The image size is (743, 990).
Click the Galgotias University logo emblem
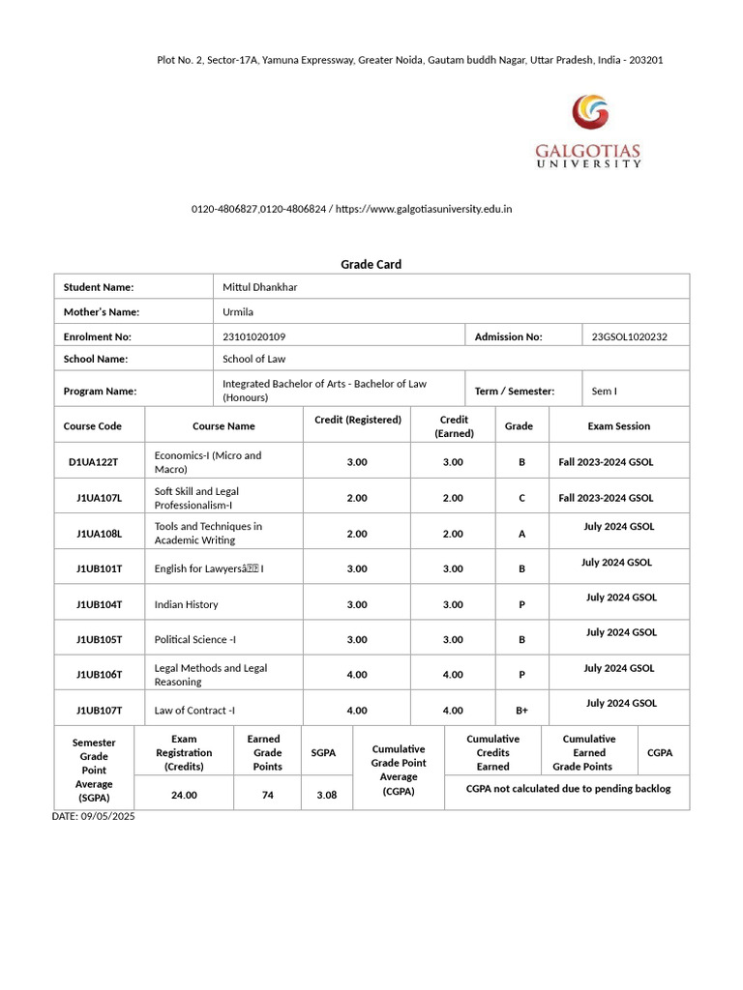(x=590, y=112)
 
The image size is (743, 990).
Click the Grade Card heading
(x=371, y=264)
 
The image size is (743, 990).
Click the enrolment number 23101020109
(x=253, y=336)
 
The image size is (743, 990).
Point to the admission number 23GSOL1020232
(x=629, y=336)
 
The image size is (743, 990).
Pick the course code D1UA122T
(x=93, y=462)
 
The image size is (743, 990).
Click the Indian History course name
(x=186, y=604)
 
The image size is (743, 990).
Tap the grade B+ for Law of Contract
(x=521, y=711)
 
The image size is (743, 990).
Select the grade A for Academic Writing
(x=521, y=534)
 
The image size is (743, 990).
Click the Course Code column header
(x=93, y=425)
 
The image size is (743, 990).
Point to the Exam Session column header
(x=618, y=425)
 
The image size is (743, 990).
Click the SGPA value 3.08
(x=326, y=795)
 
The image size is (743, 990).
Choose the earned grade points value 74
(x=267, y=795)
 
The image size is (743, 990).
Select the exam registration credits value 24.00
(x=184, y=795)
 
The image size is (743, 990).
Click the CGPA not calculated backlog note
(x=568, y=789)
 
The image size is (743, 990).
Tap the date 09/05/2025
(x=94, y=817)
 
